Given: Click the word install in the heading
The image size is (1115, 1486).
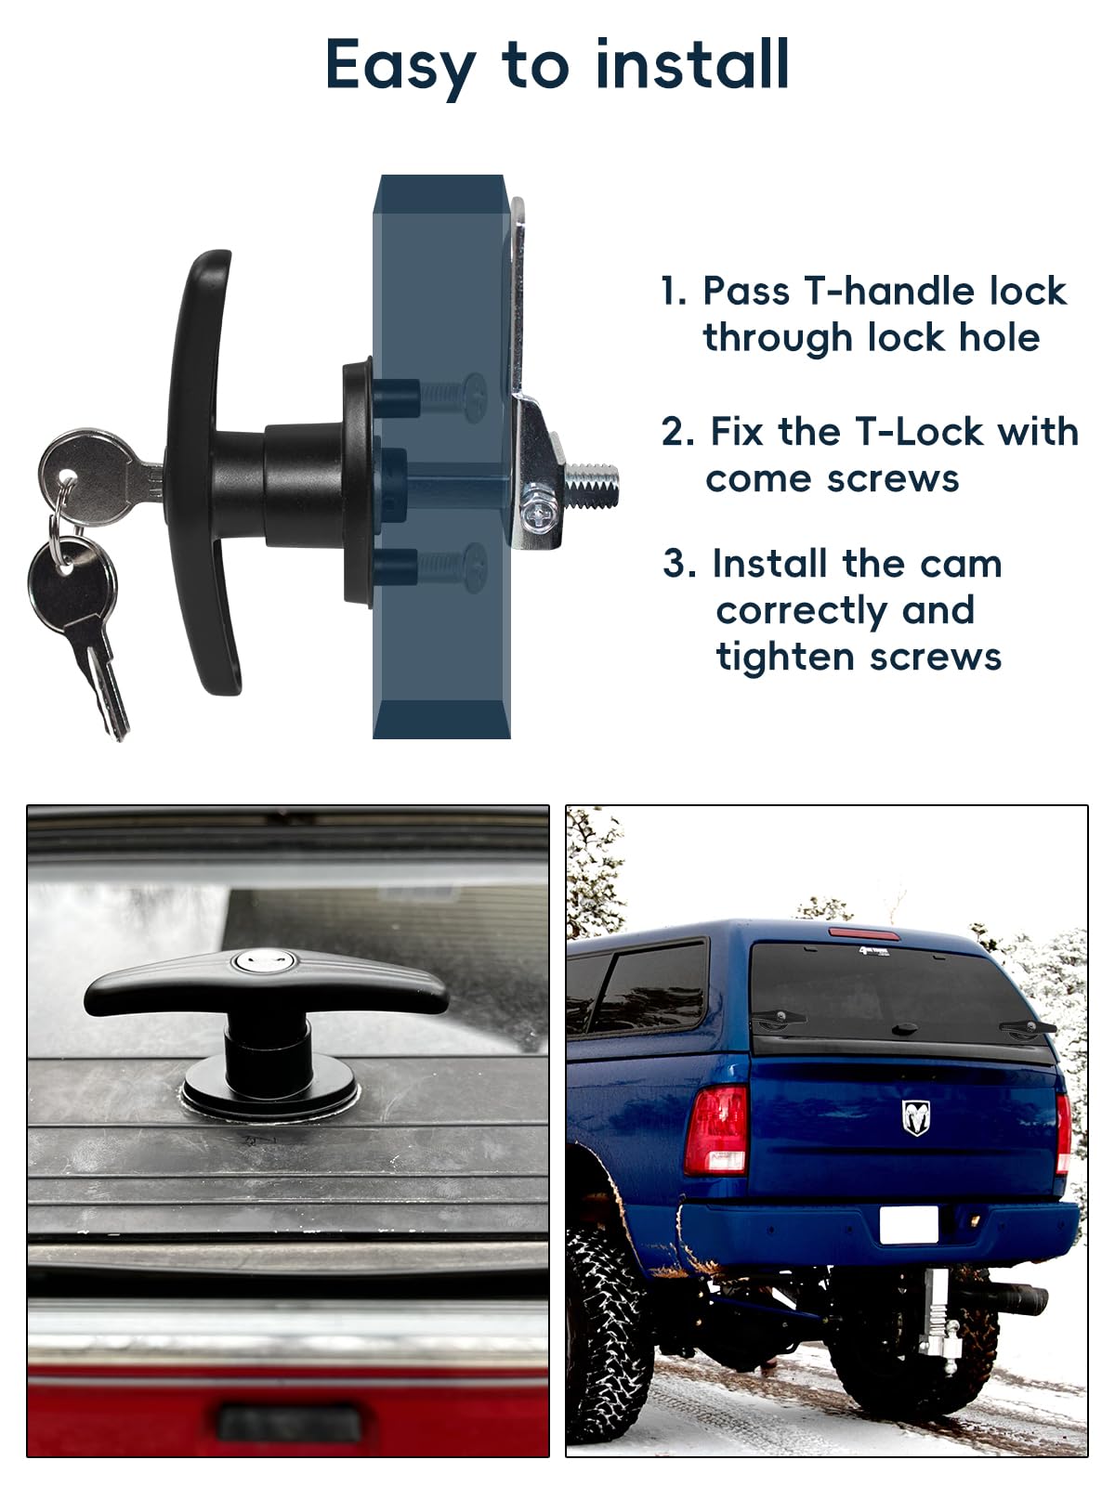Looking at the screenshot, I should [692, 65].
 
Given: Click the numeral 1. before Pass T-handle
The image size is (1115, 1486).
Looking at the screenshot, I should [674, 292].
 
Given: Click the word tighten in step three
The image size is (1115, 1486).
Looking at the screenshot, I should [782, 657].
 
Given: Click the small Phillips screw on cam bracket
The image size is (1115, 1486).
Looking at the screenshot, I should [538, 509].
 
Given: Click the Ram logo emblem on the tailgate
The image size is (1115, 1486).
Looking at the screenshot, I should [915, 1117].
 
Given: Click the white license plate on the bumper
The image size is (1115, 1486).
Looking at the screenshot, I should [908, 1225].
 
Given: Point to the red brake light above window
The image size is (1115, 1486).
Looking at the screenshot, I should [863, 933].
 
